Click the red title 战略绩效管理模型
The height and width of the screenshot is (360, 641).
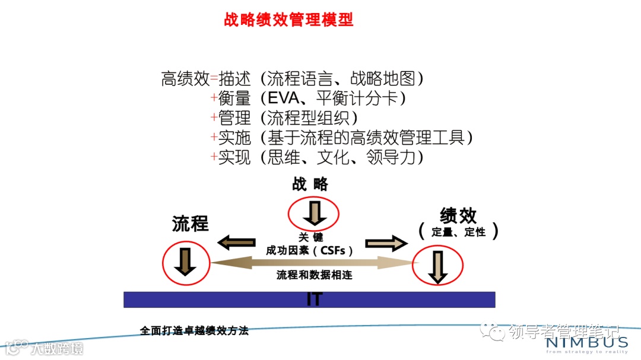288,20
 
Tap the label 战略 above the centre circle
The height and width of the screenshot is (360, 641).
310,184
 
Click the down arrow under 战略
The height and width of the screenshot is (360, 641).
313,212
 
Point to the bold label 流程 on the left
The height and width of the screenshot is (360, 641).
191,224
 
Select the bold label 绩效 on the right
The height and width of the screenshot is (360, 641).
458,215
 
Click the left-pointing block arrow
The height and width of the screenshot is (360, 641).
236,242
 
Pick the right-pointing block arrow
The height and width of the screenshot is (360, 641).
386,243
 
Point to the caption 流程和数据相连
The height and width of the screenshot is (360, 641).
314,275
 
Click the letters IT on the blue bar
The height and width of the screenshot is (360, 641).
314,299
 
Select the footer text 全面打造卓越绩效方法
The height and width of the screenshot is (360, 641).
194,331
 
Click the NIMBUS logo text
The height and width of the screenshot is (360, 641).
586,342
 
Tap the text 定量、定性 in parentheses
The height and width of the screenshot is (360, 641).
458,232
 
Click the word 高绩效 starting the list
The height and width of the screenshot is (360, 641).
185,78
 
